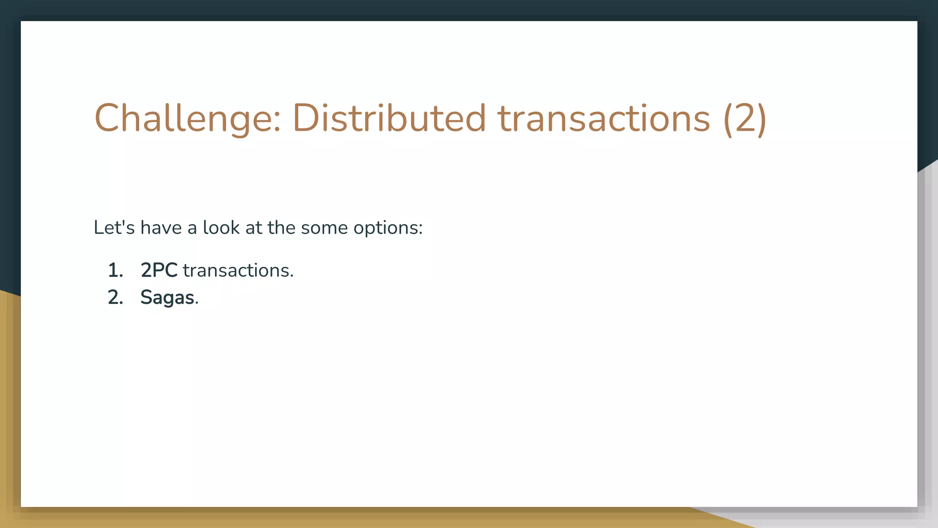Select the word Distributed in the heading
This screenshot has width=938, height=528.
tap(389, 118)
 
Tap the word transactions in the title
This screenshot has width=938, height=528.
tap(604, 118)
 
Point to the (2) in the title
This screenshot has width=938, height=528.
tap(745, 118)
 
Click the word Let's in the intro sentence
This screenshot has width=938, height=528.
tap(114, 227)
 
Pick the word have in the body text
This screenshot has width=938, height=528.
tap(161, 227)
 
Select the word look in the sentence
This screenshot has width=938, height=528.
tap(221, 227)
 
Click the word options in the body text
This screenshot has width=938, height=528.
tap(385, 228)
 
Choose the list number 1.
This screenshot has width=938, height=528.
tap(115, 270)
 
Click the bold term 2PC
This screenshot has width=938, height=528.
tap(159, 270)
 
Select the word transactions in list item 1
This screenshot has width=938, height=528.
tap(235, 270)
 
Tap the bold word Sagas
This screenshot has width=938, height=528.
tap(167, 298)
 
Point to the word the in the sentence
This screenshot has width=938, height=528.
tap(281, 227)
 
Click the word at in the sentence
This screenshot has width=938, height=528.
tap(253, 228)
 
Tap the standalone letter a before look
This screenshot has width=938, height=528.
tap(192, 229)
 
